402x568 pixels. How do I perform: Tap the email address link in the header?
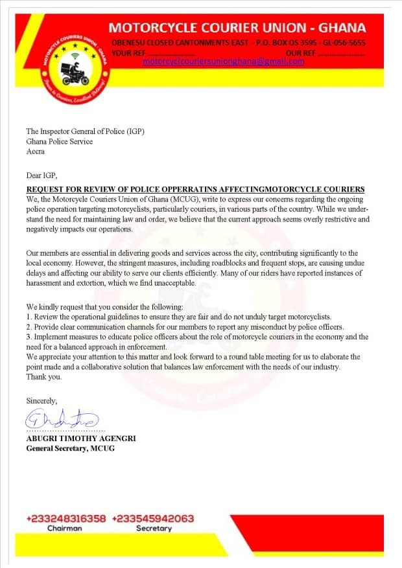click(x=223, y=62)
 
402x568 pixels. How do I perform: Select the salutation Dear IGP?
click(x=41, y=176)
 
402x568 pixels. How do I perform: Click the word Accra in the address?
click(x=36, y=152)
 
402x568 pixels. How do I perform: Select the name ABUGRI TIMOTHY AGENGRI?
click(x=81, y=438)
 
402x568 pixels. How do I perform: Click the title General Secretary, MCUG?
click(x=70, y=448)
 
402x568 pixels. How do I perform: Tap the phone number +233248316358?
click(x=65, y=519)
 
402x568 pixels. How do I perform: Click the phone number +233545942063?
click(x=153, y=519)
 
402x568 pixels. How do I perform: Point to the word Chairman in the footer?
click(x=65, y=528)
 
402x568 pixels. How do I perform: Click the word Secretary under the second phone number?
click(x=154, y=528)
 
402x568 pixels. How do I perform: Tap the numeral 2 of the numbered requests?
click(x=29, y=327)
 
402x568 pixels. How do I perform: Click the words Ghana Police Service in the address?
click(x=59, y=141)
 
